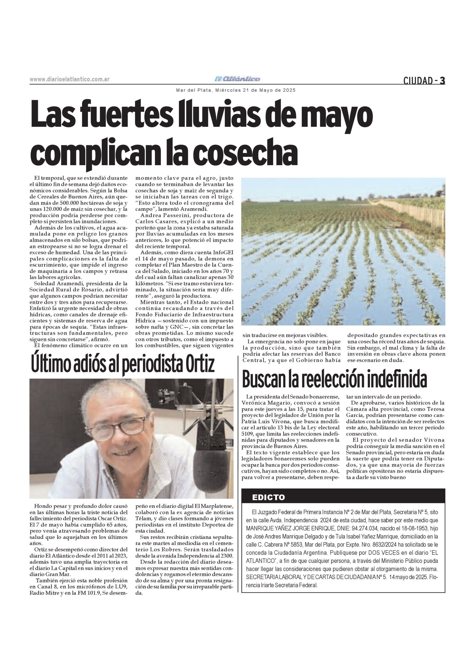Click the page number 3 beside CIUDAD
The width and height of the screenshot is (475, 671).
442,80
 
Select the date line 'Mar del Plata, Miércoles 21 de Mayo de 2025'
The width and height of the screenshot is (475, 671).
236,90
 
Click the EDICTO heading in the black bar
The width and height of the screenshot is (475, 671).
268,497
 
